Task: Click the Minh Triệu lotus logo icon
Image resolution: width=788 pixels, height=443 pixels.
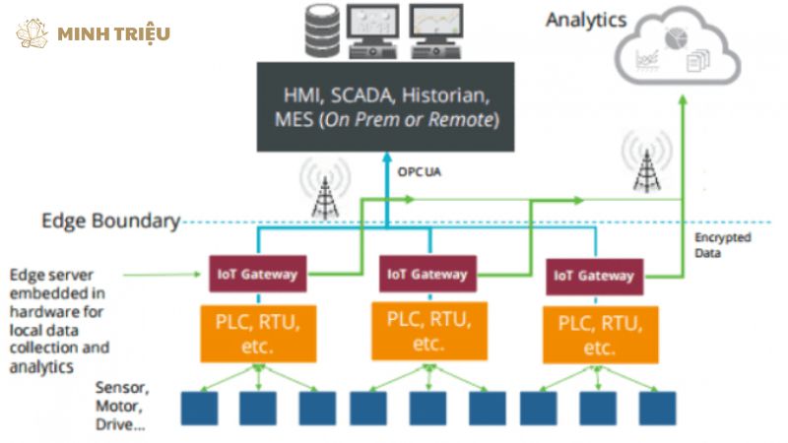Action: [x=32, y=33]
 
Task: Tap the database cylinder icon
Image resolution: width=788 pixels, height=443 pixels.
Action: [x=322, y=31]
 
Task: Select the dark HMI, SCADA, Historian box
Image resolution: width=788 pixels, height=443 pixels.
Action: [x=385, y=106]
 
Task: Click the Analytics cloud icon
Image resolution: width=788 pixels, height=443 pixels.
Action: [x=678, y=46]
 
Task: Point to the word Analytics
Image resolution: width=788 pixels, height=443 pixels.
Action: [x=586, y=20]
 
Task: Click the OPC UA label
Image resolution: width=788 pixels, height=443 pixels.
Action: [x=420, y=171]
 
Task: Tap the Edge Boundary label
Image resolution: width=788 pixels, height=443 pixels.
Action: [x=111, y=221]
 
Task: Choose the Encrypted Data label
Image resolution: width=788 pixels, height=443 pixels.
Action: [x=723, y=245]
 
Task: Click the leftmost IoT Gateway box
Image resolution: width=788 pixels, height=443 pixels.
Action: [x=258, y=274]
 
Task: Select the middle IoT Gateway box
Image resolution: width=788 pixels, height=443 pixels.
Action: [x=427, y=274]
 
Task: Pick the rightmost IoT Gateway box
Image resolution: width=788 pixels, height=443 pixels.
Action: [x=595, y=277]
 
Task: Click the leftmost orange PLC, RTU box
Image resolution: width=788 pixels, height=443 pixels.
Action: [x=258, y=334]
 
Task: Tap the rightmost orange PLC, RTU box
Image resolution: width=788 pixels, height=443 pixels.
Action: [x=601, y=335]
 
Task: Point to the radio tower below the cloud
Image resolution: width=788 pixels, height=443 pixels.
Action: [x=647, y=162]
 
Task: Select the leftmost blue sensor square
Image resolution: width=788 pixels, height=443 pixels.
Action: [x=200, y=409]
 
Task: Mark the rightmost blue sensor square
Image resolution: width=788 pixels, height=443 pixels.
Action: [x=657, y=409]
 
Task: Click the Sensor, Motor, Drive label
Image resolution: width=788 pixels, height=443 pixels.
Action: [x=122, y=406]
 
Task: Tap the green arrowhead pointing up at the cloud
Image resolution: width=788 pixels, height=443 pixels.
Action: [x=683, y=99]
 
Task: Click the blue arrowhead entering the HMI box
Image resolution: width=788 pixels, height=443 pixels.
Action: [x=387, y=157]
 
